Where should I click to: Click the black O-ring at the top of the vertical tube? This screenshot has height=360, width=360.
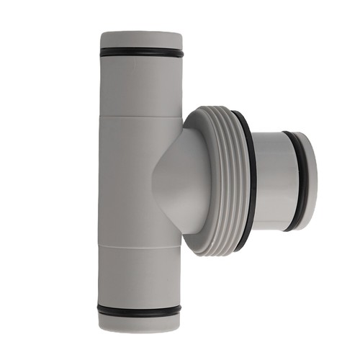pos(140,52)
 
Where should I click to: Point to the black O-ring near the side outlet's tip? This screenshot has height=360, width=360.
pos(296,180)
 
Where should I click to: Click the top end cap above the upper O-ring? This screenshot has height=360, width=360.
pos(140,40)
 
